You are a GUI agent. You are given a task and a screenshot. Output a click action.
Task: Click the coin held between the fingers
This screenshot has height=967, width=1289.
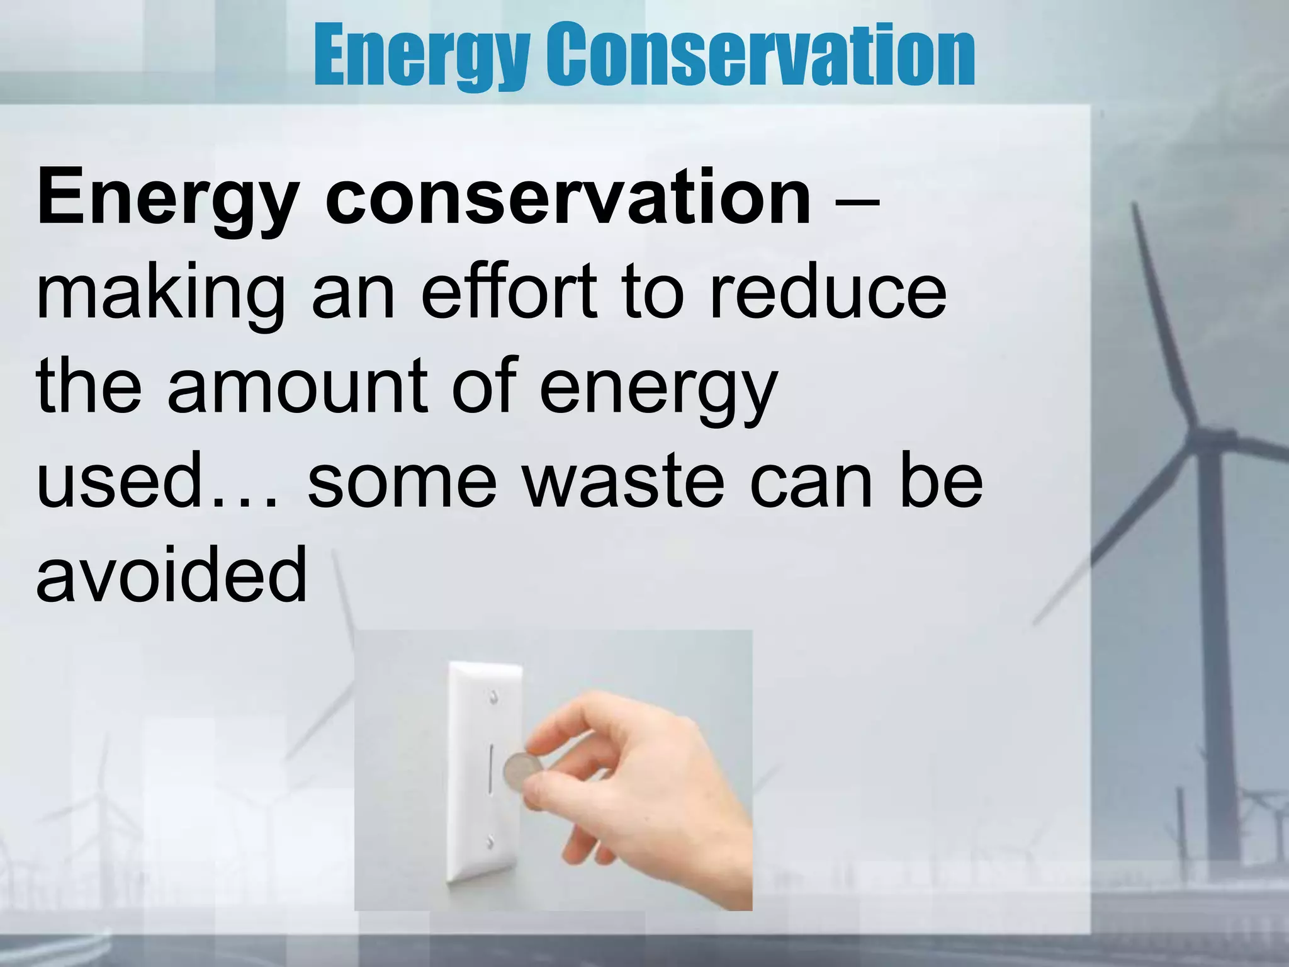[522, 771]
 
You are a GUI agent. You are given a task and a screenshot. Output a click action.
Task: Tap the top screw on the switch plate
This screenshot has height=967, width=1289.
[493, 697]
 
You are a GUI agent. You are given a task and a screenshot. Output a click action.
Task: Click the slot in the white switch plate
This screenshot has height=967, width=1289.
[491, 769]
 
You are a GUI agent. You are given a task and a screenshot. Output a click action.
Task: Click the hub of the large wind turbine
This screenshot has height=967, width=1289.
[1224, 436]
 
